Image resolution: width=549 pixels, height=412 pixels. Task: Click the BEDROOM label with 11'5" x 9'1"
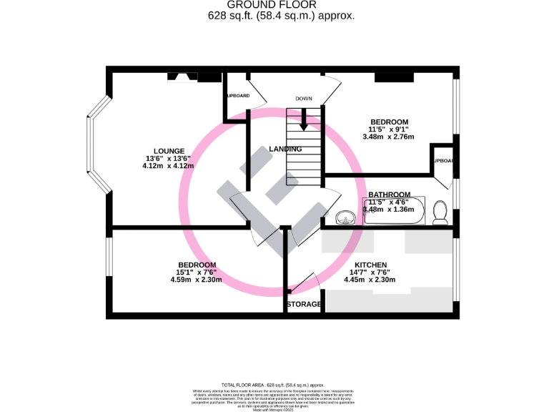point(388,122)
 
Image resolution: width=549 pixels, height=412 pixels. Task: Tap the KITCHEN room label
point(368,265)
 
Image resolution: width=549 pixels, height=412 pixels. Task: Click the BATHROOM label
point(389,195)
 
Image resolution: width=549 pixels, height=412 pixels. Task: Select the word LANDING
point(285,149)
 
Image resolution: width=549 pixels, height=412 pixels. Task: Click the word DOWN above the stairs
point(305,99)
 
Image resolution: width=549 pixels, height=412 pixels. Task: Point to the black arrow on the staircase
point(304,121)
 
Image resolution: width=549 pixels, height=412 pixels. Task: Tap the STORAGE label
point(304,305)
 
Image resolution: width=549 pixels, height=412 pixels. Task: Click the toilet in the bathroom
point(440,212)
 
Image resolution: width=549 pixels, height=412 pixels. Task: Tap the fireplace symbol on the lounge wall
point(183,77)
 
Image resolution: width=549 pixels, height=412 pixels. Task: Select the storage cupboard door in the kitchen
point(304,283)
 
